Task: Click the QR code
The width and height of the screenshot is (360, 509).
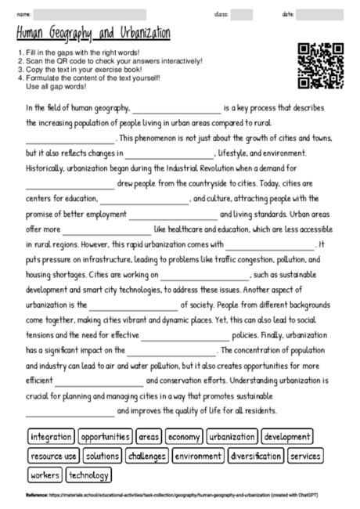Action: [x=321, y=67]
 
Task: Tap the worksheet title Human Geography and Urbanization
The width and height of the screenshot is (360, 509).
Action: [x=93, y=33]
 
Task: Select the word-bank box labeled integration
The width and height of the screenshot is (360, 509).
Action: [x=51, y=437]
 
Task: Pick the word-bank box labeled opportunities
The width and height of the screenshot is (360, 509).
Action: [x=105, y=437]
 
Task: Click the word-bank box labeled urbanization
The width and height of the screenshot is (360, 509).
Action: [x=232, y=437]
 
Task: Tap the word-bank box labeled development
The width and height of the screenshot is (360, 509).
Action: [x=287, y=437]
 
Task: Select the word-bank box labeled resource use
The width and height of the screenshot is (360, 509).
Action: [x=53, y=456]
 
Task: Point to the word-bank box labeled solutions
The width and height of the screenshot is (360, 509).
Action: [x=103, y=456]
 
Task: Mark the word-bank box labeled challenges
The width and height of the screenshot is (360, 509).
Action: [x=146, y=456]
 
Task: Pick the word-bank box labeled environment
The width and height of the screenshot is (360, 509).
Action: [x=197, y=456]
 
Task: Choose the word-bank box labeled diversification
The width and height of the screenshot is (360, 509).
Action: [x=256, y=456]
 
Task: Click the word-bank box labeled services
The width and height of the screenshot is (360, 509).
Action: [x=305, y=456]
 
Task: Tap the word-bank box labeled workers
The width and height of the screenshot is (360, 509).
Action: [x=45, y=475]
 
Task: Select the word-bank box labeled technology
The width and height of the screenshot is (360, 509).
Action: [x=88, y=475]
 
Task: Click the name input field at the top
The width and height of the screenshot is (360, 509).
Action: [x=90, y=14]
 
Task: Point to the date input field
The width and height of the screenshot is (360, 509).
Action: [x=319, y=14]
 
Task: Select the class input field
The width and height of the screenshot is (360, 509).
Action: [x=241, y=14]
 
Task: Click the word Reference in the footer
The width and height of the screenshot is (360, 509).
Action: [x=37, y=495]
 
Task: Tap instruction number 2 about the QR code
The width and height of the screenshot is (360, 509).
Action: [x=110, y=61]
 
